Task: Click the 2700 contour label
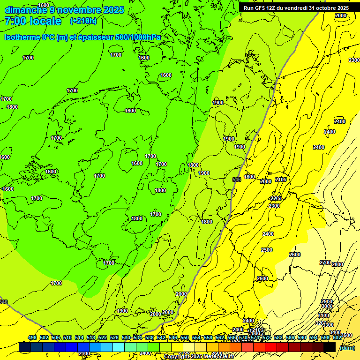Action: (325, 262)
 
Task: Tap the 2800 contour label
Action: (337, 265)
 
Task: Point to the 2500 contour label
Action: (267, 250)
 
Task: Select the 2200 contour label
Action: (276, 198)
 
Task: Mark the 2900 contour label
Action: (327, 301)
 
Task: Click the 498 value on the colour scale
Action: (32, 337)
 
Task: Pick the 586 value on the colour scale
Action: (290, 337)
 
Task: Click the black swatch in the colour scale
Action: (330, 347)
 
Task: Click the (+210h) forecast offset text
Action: (83, 21)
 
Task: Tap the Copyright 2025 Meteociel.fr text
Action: (199, 357)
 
